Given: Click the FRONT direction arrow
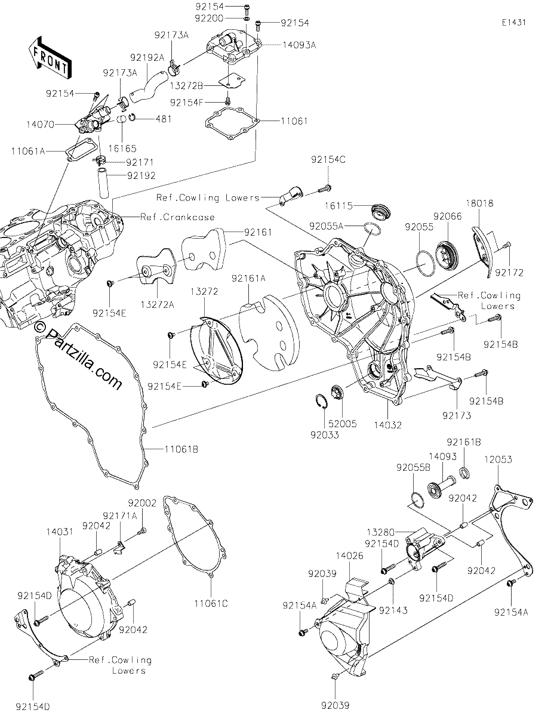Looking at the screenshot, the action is click(50, 58).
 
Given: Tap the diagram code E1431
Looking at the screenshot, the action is click(514, 23).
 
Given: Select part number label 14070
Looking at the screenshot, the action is click(40, 125).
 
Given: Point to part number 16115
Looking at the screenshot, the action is click(338, 206).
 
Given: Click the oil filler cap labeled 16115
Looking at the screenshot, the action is click(381, 211).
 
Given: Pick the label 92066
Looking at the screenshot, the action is click(448, 217).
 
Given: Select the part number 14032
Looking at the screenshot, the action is click(388, 425).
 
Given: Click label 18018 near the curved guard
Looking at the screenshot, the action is click(480, 203).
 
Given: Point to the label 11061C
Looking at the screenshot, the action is click(211, 603).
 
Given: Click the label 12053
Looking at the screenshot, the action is click(498, 459).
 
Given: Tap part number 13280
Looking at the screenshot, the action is click(381, 532).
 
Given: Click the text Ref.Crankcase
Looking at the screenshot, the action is click(177, 217).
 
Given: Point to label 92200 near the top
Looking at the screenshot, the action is click(209, 18).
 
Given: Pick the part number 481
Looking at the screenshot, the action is click(163, 119).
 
